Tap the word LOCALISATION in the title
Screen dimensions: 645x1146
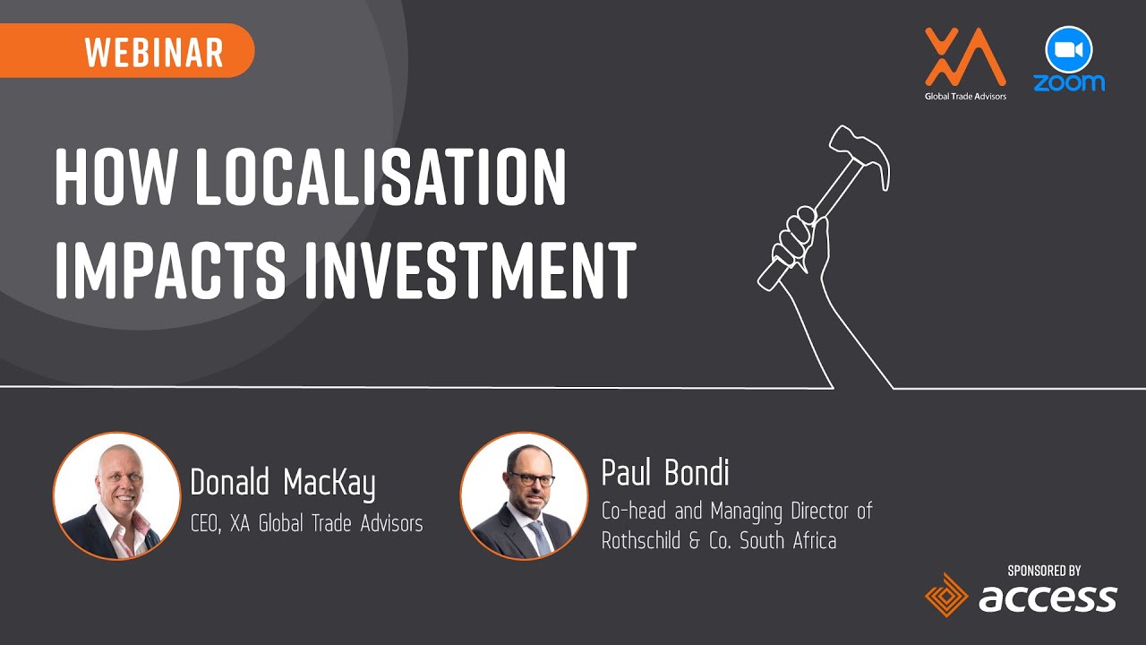pyautogui.click(x=381, y=177)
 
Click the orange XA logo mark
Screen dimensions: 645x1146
pyautogui.click(x=964, y=57)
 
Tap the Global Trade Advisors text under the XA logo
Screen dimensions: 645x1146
pyautogui.click(x=965, y=96)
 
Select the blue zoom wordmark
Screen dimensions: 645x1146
pyautogui.click(x=1069, y=82)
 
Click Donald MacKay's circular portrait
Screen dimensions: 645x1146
pyautogui.click(x=116, y=496)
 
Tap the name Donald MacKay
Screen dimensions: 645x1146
pyautogui.click(x=283, y=484)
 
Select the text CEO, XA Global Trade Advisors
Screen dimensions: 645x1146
pyautogui.click(x=306, y=524)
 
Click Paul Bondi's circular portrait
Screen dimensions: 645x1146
pyautogui.click(x=524, y=496)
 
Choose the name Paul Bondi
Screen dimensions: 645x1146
pyautogui.click(x=665, y=472)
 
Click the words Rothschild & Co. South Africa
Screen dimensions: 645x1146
pyautogui.click(x=719, y=541)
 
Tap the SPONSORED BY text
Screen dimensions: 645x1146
pyautogui.click(x=1044, y=570)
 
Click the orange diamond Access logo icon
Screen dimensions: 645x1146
pyautogui.click(x=947, y=596)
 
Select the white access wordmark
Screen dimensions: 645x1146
pyautogui.click(x=1048, y=598)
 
